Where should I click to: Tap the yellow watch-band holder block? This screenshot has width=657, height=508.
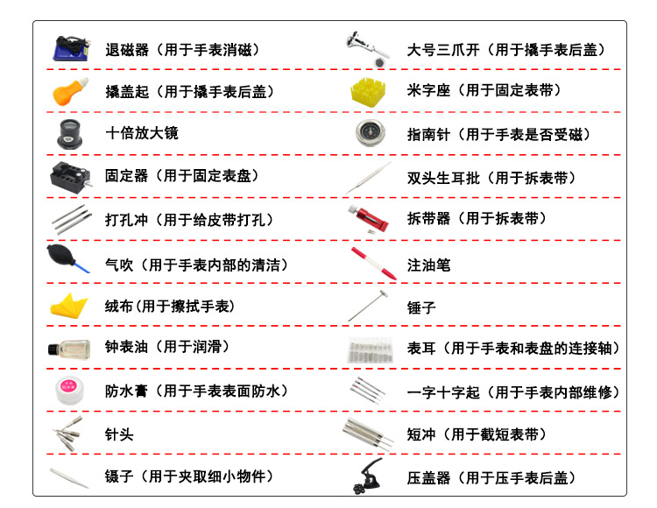pos(368,91)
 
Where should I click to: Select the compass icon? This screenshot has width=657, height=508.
pos(368,133)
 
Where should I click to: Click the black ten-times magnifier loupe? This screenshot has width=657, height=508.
pos(67,133)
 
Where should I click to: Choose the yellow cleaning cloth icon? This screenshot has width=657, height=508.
pos(68,306)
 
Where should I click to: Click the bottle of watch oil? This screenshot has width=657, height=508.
pos(67,348)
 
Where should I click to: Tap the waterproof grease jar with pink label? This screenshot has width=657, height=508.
pos(67,390)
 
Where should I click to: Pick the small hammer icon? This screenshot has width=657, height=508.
pos(369,306)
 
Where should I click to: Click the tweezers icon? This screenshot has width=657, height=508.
pos(67,476)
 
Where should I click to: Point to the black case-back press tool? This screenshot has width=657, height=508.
pos(368,476)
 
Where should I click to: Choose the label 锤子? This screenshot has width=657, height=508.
pos(421,307)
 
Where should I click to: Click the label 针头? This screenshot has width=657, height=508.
pos(119,434)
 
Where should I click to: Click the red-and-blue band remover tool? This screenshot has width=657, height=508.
pos(370,219)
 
